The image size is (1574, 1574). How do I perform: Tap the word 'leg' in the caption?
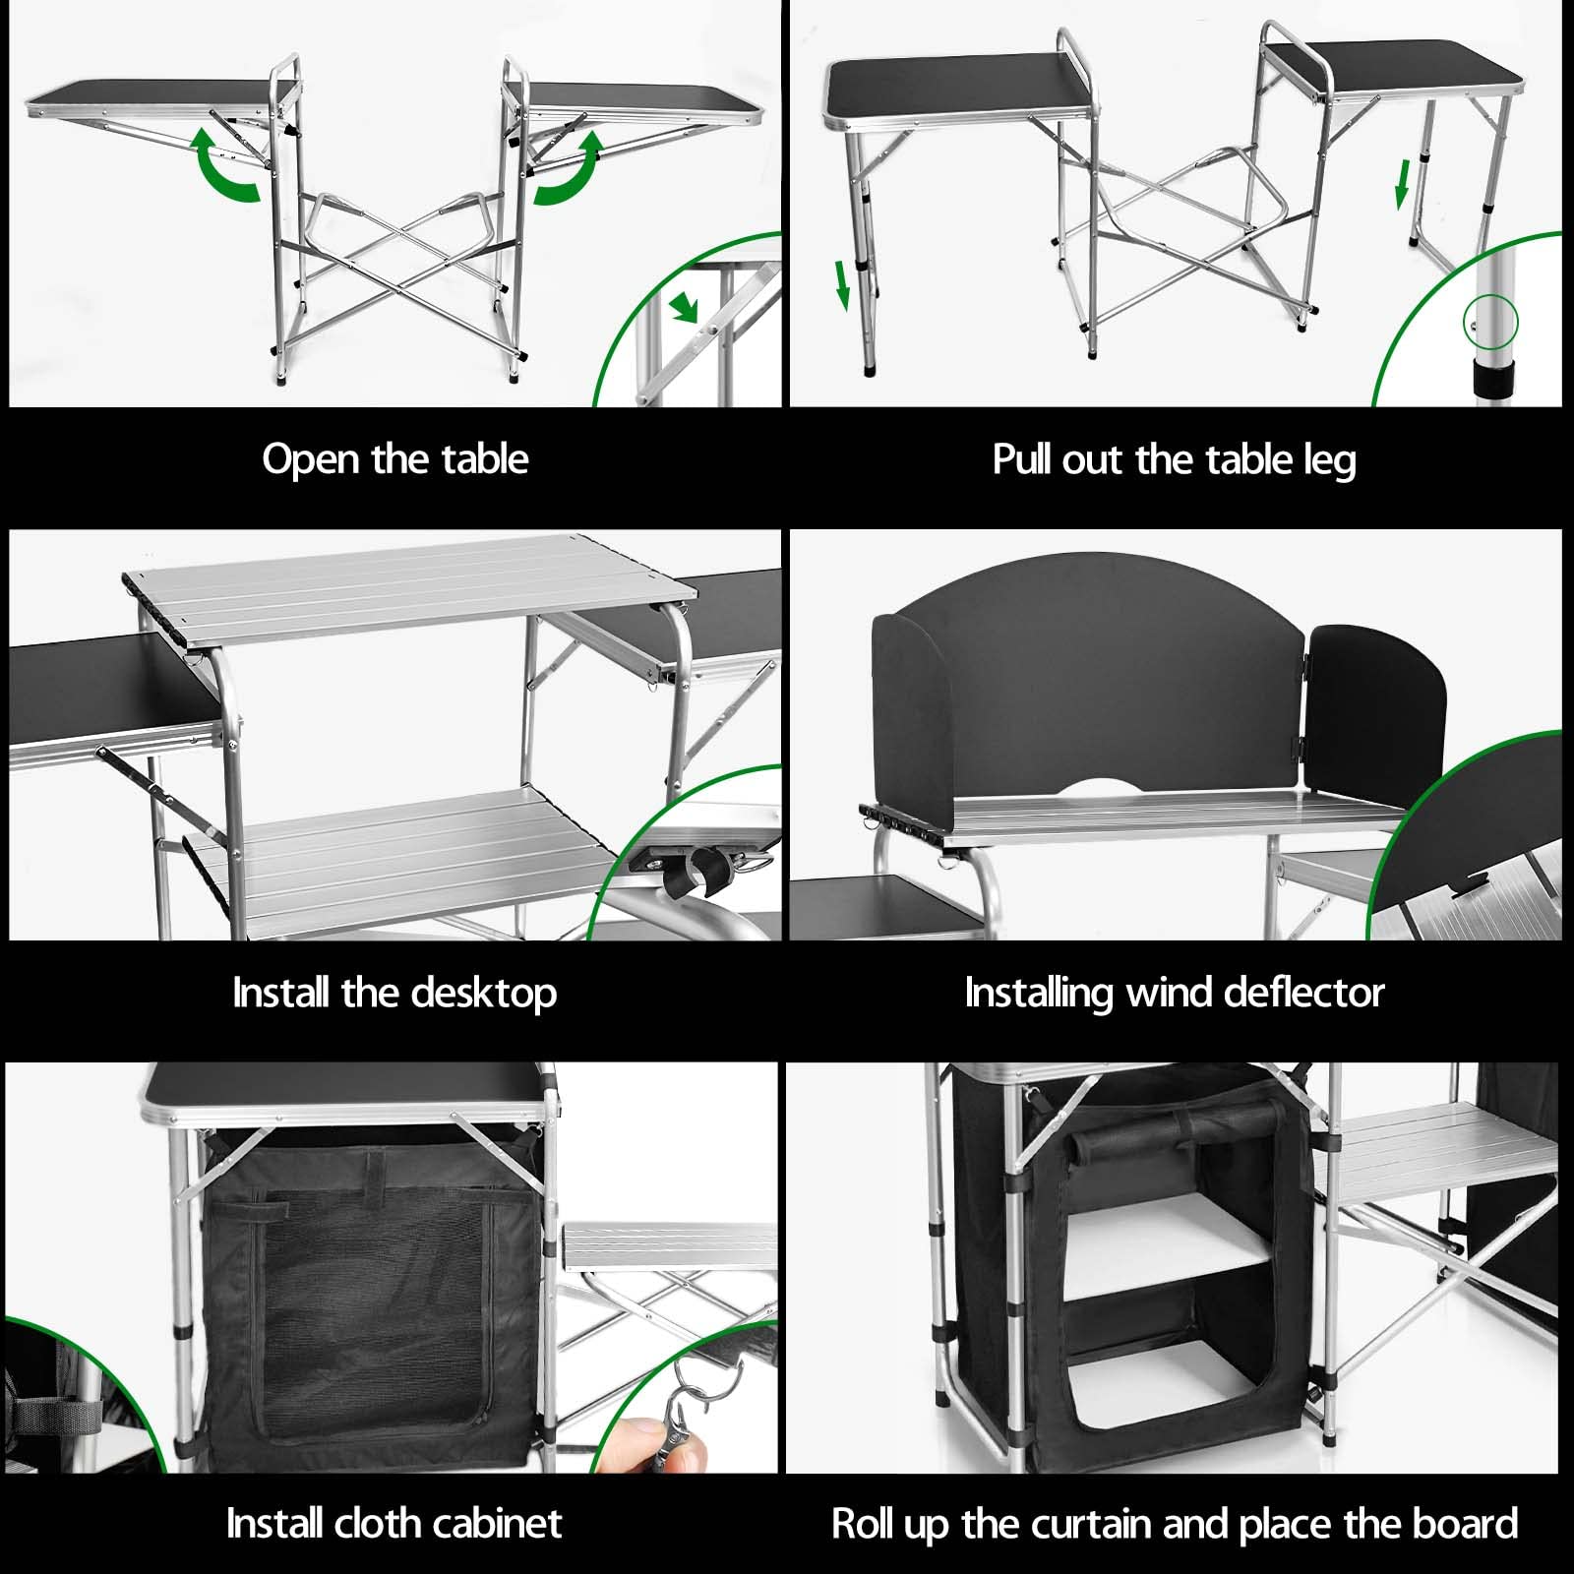pos(1329,461)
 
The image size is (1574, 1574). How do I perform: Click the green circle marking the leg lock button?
pos(1491,322)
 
